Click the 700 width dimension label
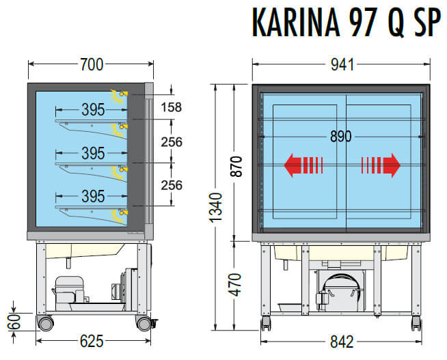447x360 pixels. point(92,64)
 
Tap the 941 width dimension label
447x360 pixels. point(342,65)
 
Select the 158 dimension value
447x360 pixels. point(171,107)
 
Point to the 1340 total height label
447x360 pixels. point(215,208)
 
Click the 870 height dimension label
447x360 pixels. point(236,166)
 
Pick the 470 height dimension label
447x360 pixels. point(235,285)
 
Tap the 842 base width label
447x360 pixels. point(342,342)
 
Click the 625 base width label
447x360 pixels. point(92,341)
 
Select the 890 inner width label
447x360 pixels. point(340,137)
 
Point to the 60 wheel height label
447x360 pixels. point(14,322)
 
